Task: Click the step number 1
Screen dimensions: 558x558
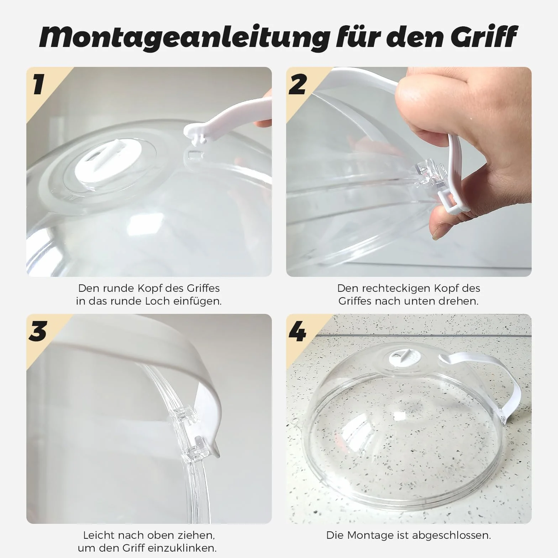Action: point(39,84)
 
